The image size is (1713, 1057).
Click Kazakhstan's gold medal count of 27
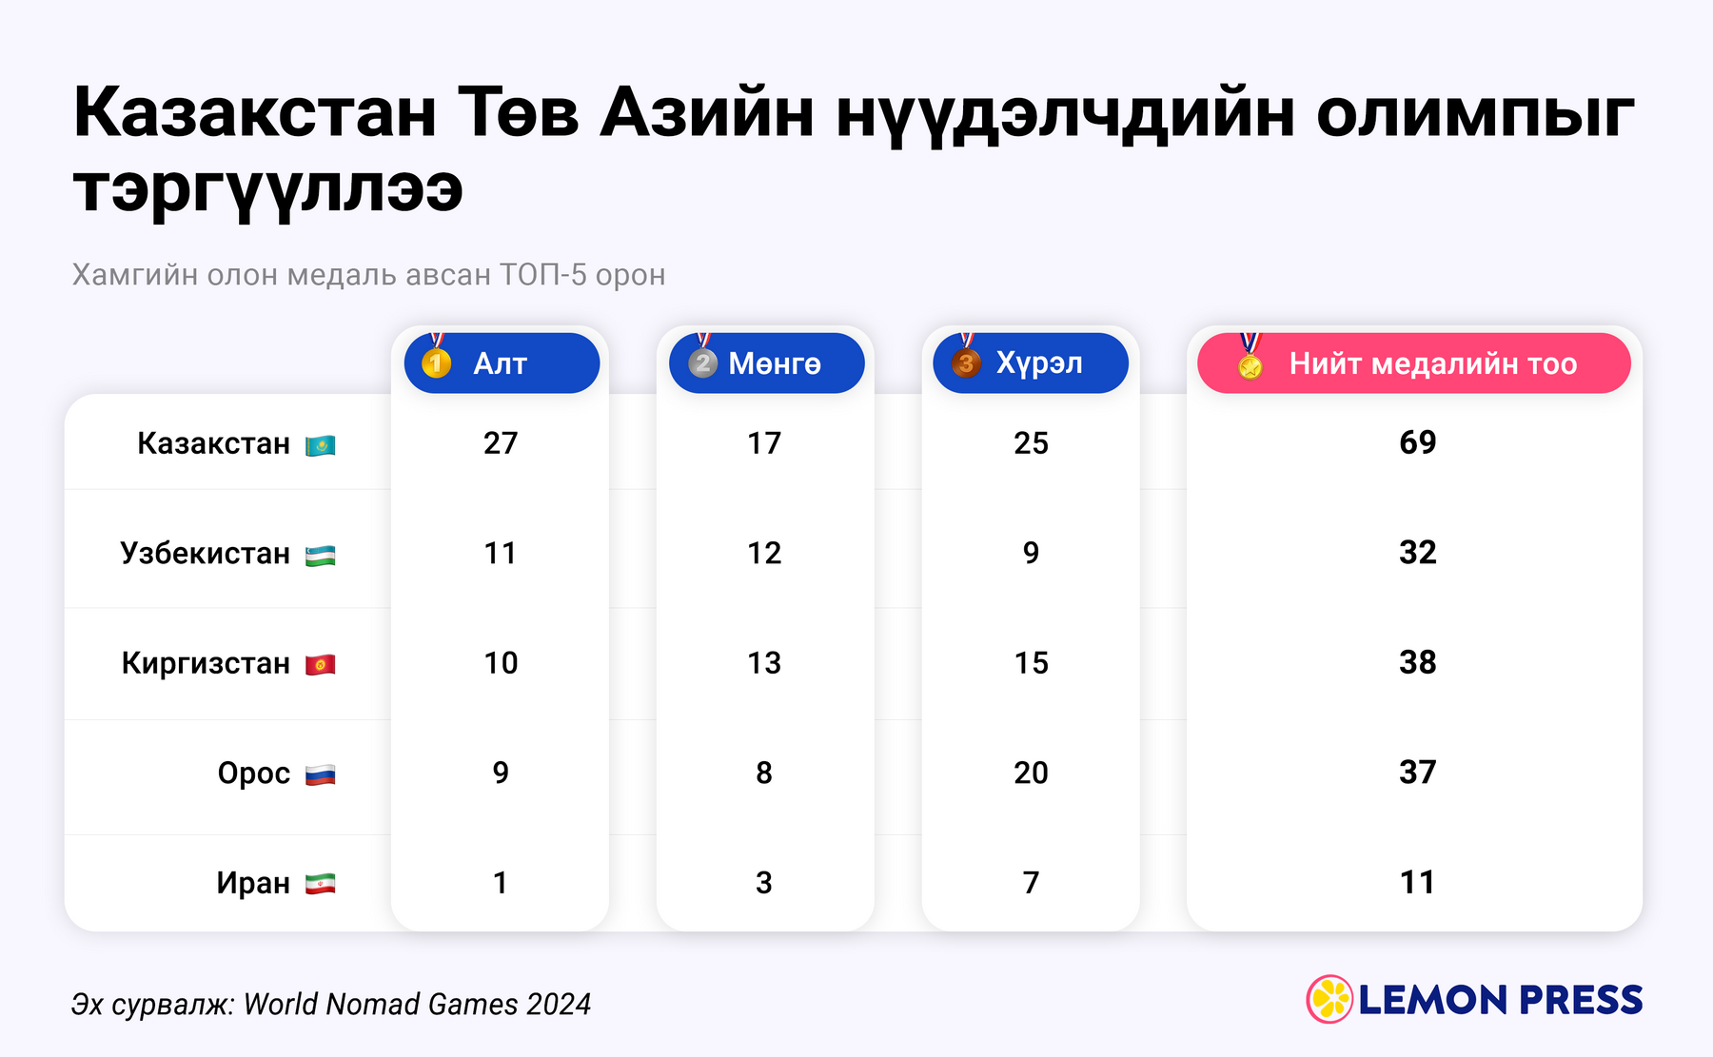pos(501,443)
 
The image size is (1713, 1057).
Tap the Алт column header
pos(502,362)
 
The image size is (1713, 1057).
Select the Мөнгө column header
pos(766,362)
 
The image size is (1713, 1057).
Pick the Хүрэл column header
pos(1031,362)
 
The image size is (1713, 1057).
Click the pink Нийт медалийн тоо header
pos(1414,362)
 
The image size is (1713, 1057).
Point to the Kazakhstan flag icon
pos(320,445)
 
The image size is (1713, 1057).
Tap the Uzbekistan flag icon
pos(320,556)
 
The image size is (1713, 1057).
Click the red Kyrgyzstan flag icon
pos(320,665)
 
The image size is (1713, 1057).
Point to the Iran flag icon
pos(320,885)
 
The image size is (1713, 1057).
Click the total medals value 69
pos(1418,442)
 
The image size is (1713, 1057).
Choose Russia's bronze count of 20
pos(1031,773)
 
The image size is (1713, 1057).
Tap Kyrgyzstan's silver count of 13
pos(764,663)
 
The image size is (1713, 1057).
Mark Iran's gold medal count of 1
pos(501,883)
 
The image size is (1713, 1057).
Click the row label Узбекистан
pos(205,554)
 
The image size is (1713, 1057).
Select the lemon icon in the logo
pos(1329,999)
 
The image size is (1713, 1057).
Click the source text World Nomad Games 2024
pos(418,1004)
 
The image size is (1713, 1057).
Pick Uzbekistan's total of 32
pos(1418,553)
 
